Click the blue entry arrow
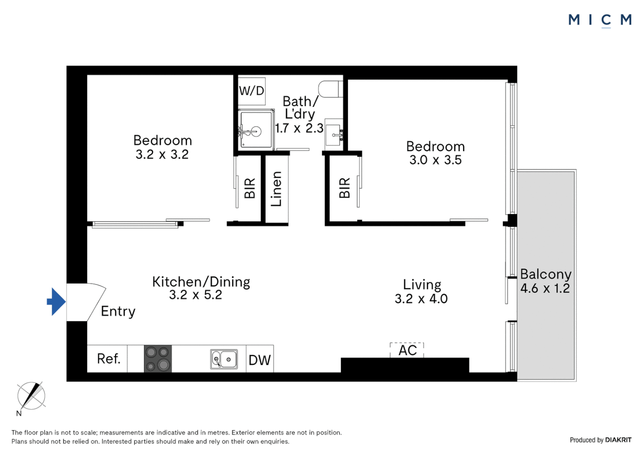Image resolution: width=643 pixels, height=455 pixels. tap(56, 302)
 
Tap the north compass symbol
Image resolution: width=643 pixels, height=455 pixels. tap(31, 396)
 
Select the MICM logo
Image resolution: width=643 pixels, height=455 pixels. tap(600, 20)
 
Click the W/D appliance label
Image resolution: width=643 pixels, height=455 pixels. tap(252, 91)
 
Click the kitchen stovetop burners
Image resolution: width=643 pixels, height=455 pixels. tap(158, 359)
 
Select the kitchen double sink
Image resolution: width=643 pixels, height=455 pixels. tap(224, 359)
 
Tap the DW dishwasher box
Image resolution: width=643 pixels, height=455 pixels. tap(260, 359)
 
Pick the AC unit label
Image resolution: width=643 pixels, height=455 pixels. tap(407, 351)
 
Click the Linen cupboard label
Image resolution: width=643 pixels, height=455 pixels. tap(276, 189)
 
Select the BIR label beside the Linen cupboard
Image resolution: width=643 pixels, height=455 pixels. tap(250, 188)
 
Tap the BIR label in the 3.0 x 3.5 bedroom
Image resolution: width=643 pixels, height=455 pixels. tap(344, 188)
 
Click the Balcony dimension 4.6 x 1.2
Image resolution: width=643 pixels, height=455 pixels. tap(545, 289)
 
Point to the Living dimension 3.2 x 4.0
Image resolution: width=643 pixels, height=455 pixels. tap(421, 299)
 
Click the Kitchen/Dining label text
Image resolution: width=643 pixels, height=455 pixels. tap(201, 281)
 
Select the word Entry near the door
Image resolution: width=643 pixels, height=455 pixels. tap(118, 311)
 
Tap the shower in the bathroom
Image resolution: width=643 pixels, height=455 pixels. tap(256, 130)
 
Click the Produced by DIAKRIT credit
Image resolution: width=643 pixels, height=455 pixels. tap(600, 440)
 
